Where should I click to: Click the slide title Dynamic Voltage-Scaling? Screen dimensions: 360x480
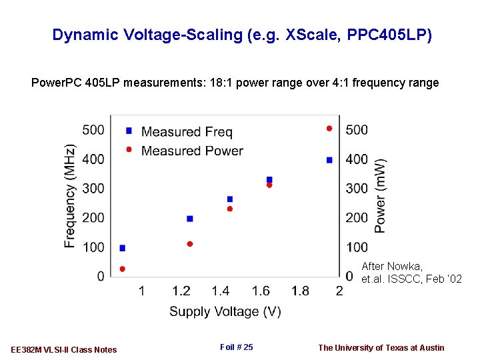(x=242, y=35)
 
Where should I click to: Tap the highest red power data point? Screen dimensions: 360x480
(x=329, y=129)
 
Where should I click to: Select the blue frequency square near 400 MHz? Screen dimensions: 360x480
(x=329, y=160)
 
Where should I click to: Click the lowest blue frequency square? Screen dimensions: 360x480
(x=122, y=248)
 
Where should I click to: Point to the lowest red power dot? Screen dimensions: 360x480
(x=122, y=269)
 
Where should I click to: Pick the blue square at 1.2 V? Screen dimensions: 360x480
(x=190, y=219)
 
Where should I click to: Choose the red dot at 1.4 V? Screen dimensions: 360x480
(x=230, y=209)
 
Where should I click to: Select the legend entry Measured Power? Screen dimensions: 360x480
(x=192, y=151)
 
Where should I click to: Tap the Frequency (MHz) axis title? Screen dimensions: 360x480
(x=70, y=196)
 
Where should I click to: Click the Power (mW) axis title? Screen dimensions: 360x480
(x=380, y=195)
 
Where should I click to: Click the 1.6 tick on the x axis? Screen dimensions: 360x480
(x=261, y=291)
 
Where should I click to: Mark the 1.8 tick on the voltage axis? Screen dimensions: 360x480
(x=301, y=291)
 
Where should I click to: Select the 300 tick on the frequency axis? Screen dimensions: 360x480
(x=93, y=189)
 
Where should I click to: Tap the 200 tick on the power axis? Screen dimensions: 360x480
(x=357, y=217)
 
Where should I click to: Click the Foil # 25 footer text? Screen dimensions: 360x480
(x=236, y=347)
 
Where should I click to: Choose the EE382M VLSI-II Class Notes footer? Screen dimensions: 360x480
(x=64, y=349)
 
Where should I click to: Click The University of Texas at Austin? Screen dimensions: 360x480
(x=381, y=347)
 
